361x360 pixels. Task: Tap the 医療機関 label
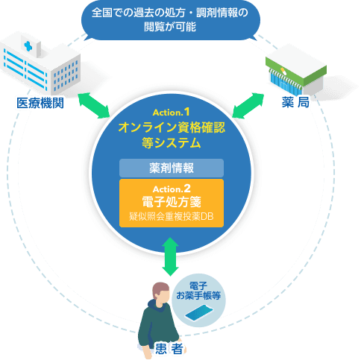40,103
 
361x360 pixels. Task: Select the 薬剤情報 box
172,167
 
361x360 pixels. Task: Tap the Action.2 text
172,188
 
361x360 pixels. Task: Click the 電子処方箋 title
172,201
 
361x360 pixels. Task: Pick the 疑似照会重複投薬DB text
172,217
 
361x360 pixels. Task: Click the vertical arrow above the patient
171,255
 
